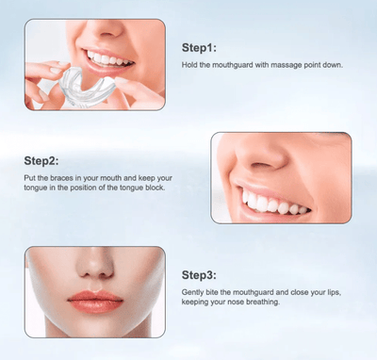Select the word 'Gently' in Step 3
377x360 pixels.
coord(192,293)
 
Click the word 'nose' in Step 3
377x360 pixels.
coord(237,303)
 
